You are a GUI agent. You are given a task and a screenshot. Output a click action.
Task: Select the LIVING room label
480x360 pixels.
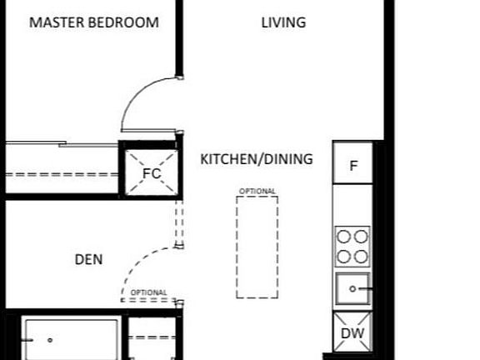(283, 22)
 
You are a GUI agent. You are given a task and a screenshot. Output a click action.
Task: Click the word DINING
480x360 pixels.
(287, 158)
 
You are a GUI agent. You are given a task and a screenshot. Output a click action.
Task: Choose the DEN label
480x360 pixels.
(89, 259)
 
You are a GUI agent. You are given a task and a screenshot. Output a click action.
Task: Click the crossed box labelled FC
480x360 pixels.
(151, 173)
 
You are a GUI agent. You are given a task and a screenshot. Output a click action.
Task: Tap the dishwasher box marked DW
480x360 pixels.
(351, 334)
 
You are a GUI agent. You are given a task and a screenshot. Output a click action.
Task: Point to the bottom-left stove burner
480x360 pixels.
(343, 256)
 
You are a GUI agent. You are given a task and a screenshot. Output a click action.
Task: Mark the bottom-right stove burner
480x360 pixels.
(362, 256)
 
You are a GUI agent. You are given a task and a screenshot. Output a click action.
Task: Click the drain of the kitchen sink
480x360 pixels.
(352, 289)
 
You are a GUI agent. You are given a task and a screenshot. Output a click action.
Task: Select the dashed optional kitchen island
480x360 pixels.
(257, 247)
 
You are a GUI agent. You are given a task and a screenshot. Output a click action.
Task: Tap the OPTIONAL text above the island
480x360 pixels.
(257, 192)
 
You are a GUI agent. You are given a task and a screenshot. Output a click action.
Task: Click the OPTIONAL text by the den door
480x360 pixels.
(149, 292)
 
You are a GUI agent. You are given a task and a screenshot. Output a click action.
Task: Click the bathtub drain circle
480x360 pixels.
(50, 340)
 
